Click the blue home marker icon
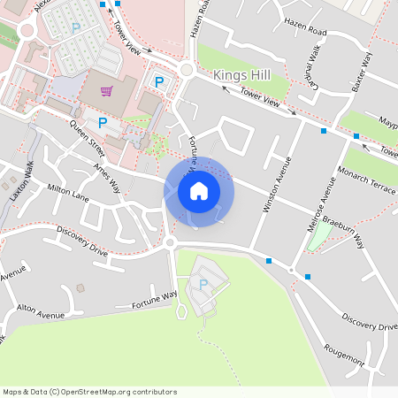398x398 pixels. [199, 190]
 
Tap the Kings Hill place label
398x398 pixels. [241, 77]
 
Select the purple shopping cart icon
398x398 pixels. [107, 90]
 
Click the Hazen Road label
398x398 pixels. [305, 32]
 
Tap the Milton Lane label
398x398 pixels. [69, 188]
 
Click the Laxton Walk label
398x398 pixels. [20, 182]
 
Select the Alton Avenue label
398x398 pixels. [41, 313]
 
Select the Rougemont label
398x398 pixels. [344, 356]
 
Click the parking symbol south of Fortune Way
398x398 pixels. [203, 284]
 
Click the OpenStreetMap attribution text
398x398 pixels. [89, 391]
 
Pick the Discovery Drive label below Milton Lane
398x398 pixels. [81, 240]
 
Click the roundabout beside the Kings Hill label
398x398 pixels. [187, 71]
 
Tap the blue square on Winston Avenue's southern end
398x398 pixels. [268, 260]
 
